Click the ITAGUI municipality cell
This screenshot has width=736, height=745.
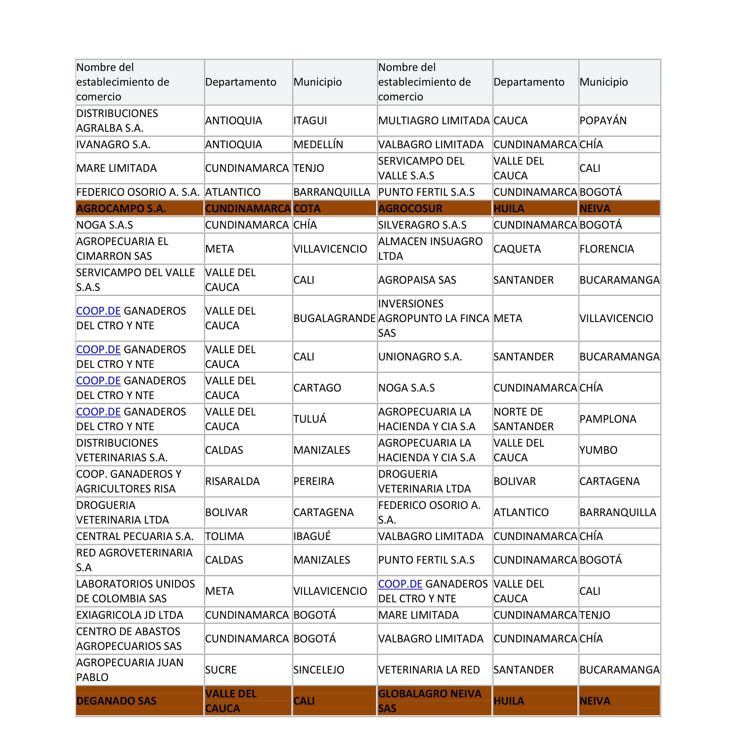310,121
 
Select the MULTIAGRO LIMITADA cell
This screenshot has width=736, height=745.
433,121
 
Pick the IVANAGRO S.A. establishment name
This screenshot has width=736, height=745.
113,145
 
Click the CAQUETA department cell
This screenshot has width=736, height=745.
517,249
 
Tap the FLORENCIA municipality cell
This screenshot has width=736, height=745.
607,249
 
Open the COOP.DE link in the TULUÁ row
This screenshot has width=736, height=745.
98,412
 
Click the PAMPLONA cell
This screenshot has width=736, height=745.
608,419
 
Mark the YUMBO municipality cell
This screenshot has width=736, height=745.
598,450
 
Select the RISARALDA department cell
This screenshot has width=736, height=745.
232,481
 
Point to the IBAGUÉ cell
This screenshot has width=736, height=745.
312,536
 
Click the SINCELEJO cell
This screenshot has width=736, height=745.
319,670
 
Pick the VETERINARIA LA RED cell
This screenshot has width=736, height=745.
429,670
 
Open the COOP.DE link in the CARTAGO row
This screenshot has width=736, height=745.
98,381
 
